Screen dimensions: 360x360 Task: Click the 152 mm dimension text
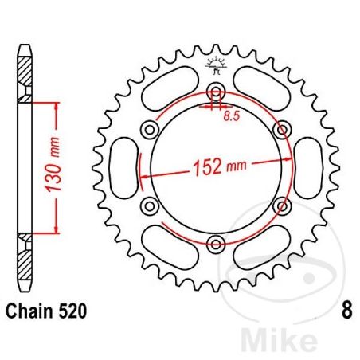(x=218, y=167)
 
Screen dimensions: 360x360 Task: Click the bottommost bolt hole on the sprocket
(x=213, y=243)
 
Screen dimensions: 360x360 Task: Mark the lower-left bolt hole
(x=147, y=205)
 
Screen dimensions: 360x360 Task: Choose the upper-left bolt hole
(x=147, y=129)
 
